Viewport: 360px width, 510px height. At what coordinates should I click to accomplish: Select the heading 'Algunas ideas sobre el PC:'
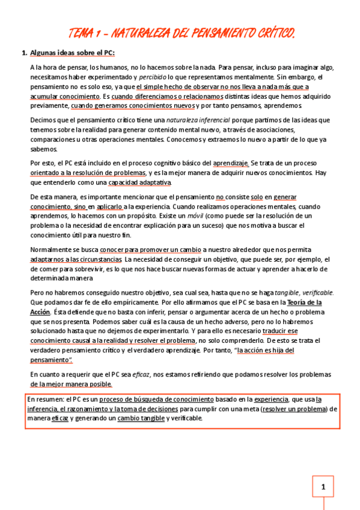point(72,52)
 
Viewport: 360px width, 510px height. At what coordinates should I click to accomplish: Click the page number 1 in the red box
point(323,488)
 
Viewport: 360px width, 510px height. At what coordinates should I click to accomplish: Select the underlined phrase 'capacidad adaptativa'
point(140,182)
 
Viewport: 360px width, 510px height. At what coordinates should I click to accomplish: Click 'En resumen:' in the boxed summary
point(44,399)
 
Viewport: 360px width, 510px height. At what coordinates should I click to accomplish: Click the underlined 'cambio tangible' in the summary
point(141,418)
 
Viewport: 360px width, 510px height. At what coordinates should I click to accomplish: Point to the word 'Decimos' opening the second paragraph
point(43,120)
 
